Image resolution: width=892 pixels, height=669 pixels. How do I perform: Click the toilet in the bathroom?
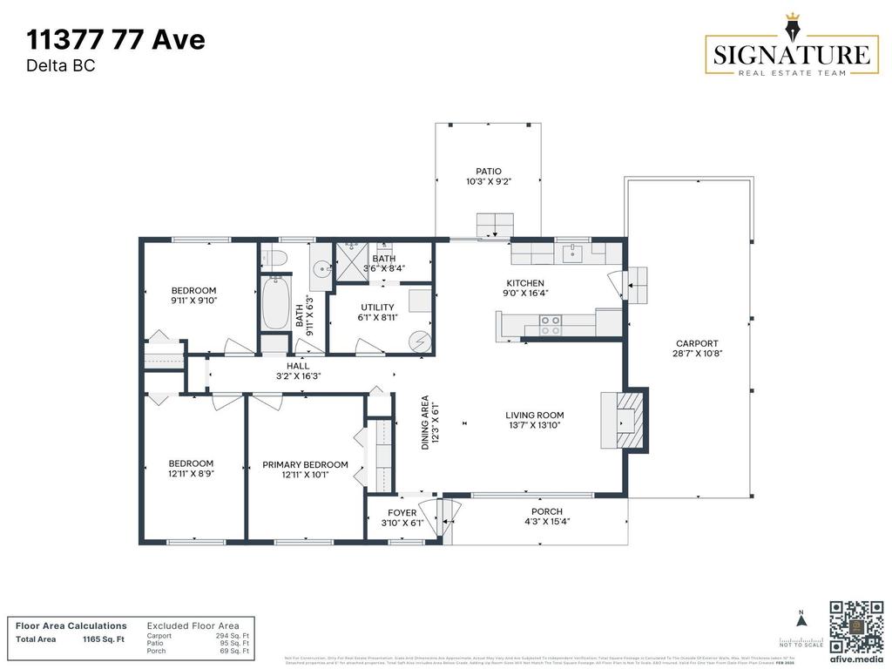coord(274,258)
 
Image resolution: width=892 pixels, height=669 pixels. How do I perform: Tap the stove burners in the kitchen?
coord(551,325)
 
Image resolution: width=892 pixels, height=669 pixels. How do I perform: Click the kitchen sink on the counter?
coord(572,253)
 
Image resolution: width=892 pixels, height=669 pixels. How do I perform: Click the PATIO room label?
coord(488,172)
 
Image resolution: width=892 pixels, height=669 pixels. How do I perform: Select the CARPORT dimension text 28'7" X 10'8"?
coord(698,354)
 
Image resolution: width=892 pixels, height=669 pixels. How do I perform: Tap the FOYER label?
coord(402,512)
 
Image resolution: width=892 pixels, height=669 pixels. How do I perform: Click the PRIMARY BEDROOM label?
coord(305,465)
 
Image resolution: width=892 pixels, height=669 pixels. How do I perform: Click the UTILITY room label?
coord(377,307)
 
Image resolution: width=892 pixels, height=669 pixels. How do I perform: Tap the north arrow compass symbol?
coord(801,620)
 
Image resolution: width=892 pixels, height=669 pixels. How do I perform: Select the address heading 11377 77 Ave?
coord(116,39)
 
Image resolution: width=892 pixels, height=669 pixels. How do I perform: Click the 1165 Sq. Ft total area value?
coord(103,639)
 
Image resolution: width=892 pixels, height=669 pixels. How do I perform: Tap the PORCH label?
coord(546,511)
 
